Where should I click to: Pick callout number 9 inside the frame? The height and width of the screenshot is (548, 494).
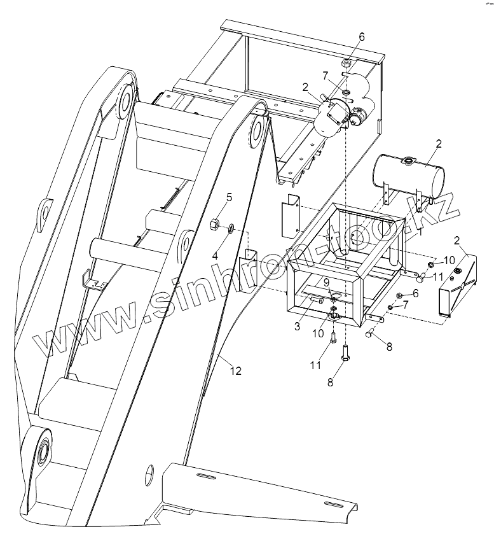pos(327,282)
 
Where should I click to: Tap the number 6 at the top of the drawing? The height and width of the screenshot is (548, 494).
pos(361,36)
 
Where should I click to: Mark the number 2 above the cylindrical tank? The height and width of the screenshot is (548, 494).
pos(437,144)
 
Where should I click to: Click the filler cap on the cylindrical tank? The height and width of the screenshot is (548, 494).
pos(406,162)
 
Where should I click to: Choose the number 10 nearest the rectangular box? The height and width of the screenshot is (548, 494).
pos(449,260)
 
